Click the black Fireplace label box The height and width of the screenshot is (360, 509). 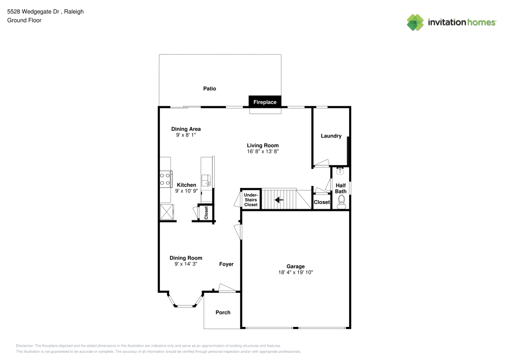click(x=265, y=102)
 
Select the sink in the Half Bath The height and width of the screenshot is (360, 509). click(x=340, y=172)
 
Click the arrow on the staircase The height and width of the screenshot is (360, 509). click(x=278, y=200)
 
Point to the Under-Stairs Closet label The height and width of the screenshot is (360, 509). click(x=251, y=200)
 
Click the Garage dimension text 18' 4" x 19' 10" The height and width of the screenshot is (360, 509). click(x=295, y=273)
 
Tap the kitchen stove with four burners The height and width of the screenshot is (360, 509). click(x=165, y=179)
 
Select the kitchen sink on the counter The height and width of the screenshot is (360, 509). click(x=206, y=180)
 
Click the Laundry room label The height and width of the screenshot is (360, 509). click(x=331, y=136)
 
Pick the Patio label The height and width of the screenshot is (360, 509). click(x=210, y=89)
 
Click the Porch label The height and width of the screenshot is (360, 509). click(x=223, y=312)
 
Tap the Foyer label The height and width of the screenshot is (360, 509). click(x=227, y=264)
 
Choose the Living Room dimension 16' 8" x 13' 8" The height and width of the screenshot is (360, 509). click(x=263, y=151)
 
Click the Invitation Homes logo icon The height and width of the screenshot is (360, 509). click(x=415, y=22)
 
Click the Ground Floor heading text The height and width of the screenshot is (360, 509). click(x=24, y=20)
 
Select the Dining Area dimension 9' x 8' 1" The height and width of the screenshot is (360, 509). click(x=185, y=135)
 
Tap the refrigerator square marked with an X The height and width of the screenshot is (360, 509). click(x=166, y=211)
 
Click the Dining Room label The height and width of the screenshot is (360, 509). click(x=186, y=258)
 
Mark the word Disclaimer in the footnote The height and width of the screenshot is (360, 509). click(x=25, y=345)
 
